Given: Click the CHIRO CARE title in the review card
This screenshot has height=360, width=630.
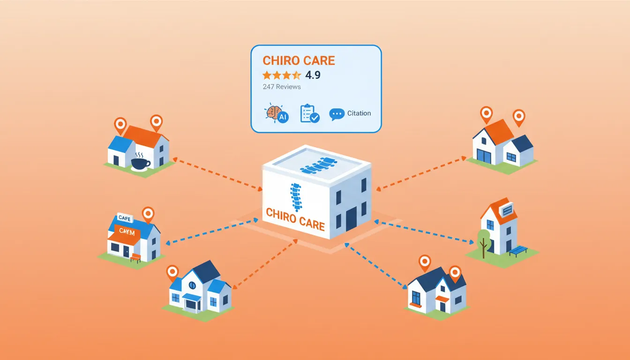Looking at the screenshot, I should point(299,60).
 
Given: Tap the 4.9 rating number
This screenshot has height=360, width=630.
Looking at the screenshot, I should point(313,75).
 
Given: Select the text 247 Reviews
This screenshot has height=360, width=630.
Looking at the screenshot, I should point(282,87).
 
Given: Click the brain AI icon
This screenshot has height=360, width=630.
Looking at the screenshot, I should point(277,114).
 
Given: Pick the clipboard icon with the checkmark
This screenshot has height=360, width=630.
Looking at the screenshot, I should point(309,113).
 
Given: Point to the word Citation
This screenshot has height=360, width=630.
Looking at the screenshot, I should point(359,113).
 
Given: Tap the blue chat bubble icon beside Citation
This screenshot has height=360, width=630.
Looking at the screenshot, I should point(337,114).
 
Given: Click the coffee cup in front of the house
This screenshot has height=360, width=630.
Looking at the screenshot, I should point(140,163).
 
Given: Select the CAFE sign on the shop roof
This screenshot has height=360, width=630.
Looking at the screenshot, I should point(125,217).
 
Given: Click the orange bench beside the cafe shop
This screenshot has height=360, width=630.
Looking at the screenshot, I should point(135,257).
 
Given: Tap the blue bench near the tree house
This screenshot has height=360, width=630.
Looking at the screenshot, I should point(518,250).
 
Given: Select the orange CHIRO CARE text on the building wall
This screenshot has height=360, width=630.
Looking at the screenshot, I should point(295,219).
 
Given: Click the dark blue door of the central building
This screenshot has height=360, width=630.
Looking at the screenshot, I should point(351,219).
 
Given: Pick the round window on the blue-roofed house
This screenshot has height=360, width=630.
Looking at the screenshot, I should point(192,285).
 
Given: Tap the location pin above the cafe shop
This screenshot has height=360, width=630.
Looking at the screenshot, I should point(148,214).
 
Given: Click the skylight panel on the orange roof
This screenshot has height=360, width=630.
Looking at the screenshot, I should point(507,211).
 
